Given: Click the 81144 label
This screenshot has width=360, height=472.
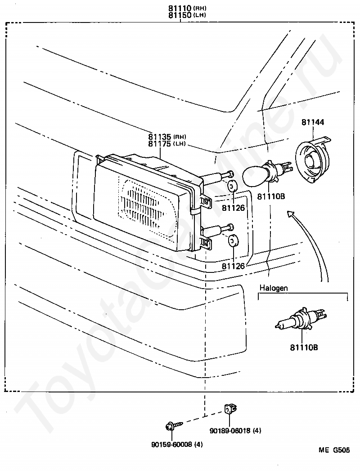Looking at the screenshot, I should coord(313,122).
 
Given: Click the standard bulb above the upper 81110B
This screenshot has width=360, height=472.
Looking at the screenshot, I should coord(265,174).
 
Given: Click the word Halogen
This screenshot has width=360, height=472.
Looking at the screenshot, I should coord(274,288).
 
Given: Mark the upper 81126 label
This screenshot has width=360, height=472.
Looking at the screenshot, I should coord(233,208).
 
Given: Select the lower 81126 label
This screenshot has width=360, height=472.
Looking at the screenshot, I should coord(233,266).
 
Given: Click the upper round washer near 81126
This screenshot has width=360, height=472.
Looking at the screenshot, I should coord(233,186).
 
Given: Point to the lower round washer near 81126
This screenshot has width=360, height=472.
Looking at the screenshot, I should coord(233,241).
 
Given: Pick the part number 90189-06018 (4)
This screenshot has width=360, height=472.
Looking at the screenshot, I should coord(235,431).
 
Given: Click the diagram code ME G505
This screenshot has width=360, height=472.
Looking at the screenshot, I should coord(334,450).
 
